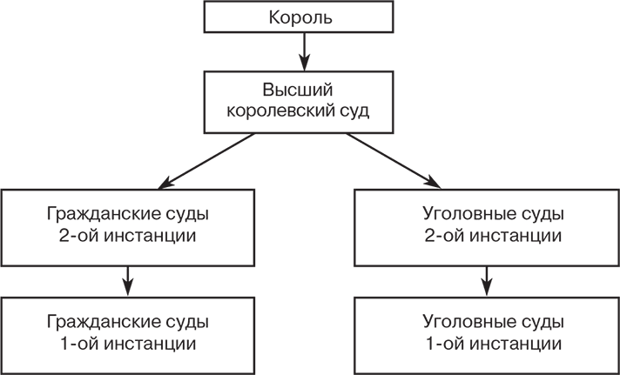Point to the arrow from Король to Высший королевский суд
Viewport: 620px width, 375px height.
pyautogui.click(x=303, y=54)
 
